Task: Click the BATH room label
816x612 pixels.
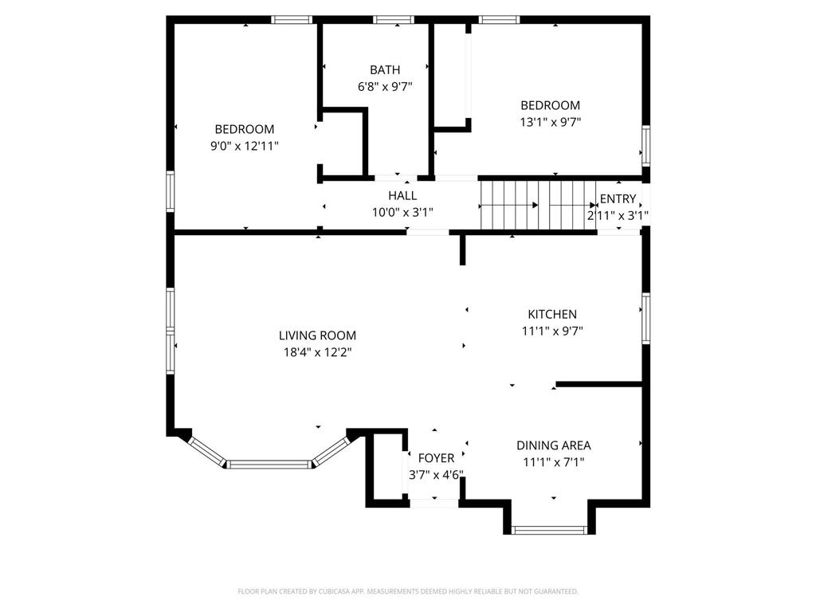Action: point(385,70)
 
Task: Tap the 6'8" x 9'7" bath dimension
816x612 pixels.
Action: point(385,86)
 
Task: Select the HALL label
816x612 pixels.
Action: point(402,196)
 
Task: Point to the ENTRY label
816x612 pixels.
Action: point(618,198)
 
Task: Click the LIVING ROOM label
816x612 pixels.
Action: point(317,335)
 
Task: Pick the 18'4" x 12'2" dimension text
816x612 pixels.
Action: point(317,352)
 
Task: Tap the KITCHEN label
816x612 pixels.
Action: point(552,314)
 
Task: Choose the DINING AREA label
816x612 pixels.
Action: point(553,445)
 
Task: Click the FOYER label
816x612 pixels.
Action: point(436,458)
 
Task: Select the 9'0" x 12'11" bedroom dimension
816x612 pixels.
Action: point(245,146)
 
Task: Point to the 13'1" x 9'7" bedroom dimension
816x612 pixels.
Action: point(550,122)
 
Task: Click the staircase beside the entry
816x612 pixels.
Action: point(538,205)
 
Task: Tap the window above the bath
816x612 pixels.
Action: point(394,20)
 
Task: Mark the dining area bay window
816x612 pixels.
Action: point(549,530)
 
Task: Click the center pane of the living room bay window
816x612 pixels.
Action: point(269,464)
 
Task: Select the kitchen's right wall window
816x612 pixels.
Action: point(645,318)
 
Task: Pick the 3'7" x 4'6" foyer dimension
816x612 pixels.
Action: point(436,475)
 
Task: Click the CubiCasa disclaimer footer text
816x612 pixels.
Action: point(408,591)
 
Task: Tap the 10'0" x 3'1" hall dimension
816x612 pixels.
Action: point(402,212)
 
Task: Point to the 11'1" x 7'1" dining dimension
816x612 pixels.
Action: point(554,462)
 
